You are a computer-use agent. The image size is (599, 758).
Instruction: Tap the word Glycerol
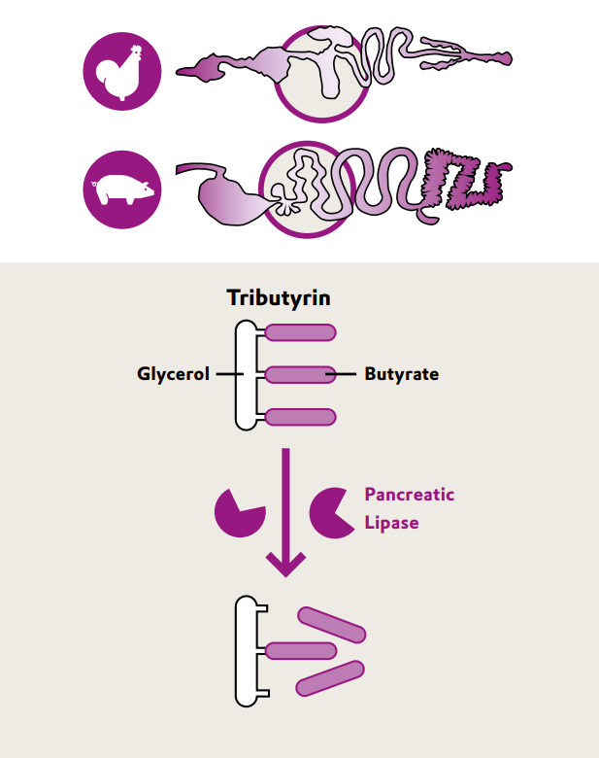[x=173, y=374]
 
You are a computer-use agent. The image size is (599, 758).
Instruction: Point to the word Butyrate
[x=401, y=374]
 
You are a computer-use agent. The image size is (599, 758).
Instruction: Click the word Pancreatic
[x=409, y=495]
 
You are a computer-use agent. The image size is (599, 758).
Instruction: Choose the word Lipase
[x=391, y=523]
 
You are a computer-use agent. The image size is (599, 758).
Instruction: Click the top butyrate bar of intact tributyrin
[x=300, y=332]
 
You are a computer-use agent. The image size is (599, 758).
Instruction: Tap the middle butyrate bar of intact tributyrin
[x=300, y=374]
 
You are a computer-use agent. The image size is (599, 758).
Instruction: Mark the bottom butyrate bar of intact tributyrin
[x=300, y=417]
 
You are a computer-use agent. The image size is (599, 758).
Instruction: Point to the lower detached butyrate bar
[x=329, y=678]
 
